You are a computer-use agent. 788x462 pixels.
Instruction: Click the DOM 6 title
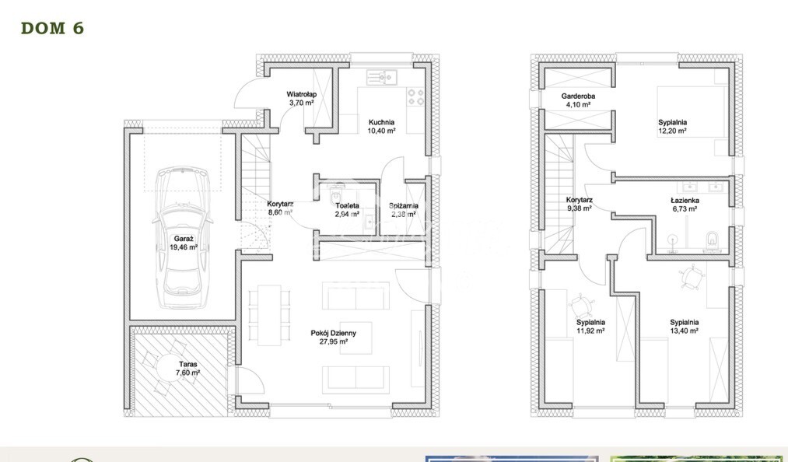(x=51, y=29)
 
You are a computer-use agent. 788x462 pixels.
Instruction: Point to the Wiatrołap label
(x=300, y=94)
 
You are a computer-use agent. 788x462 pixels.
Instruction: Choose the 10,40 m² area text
(x=381, y=131)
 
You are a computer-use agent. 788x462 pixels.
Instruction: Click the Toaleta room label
(x=347, y=205)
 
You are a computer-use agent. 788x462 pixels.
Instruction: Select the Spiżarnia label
(x=404, y=205)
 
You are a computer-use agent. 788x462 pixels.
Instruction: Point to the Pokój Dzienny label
(x=333, y=332)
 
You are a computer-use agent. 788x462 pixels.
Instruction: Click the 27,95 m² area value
(x=333, y=341)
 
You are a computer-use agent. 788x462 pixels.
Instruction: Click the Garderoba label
(x=577, y=96)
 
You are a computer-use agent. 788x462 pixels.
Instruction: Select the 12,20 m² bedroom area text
(x=672, y=131)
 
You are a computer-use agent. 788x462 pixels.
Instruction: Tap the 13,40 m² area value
(x=685, y=331)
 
